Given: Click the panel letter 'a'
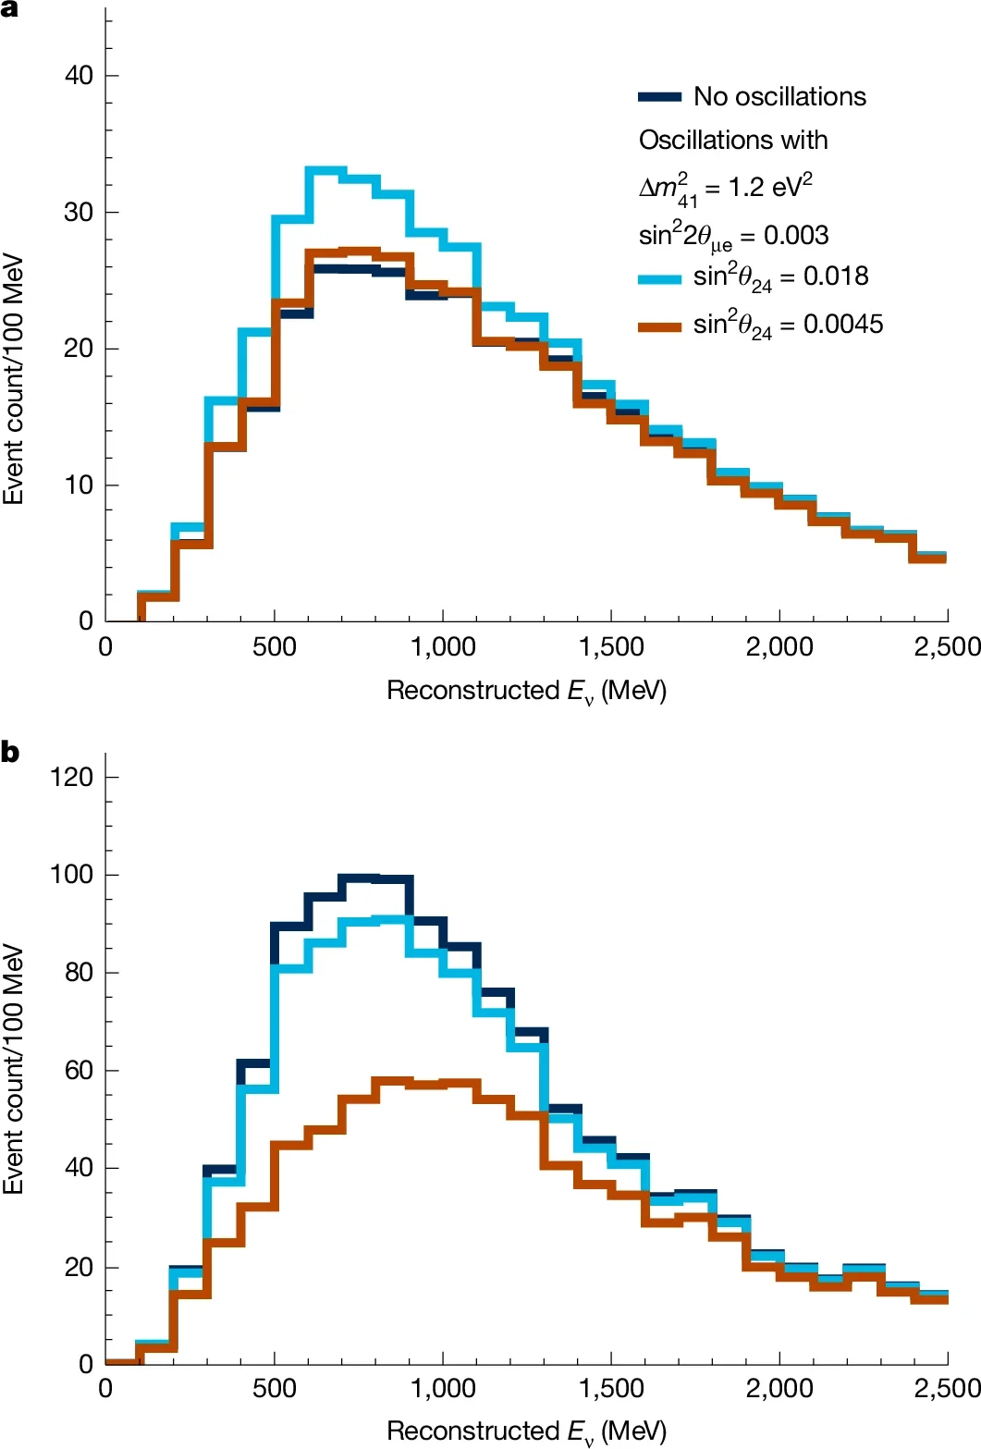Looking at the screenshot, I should coord(10,10).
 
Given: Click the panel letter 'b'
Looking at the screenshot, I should coord(10,752).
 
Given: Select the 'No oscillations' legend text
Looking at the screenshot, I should coord(779,96).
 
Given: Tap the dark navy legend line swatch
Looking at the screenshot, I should coord(659,97).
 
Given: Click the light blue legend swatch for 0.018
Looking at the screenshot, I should coord(659,277).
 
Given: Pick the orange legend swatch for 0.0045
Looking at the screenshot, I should coord(659,325).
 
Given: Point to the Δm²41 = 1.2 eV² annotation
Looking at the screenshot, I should coord(725,188).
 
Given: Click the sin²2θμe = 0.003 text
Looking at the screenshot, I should coord(733,236).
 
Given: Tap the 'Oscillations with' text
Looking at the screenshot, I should coord(733,141).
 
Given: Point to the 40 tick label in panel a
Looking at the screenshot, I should coord(80,75).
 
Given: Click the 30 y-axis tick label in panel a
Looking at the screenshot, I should coord(80,212).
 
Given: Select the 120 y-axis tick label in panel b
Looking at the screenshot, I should coord(72,777).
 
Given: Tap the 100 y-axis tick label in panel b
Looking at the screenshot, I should coord(72,874).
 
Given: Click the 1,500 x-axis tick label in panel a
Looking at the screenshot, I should coord(610,646).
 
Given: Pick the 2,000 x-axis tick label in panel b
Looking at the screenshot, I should coord(779,1388).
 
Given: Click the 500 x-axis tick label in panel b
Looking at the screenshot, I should coord(275,1388).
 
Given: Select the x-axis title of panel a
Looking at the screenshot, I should coord(526,691).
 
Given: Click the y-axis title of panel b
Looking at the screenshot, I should coord(13,1068).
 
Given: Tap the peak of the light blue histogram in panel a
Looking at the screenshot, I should coord(326,170).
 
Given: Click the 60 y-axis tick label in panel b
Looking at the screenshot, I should coord(80,1070).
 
